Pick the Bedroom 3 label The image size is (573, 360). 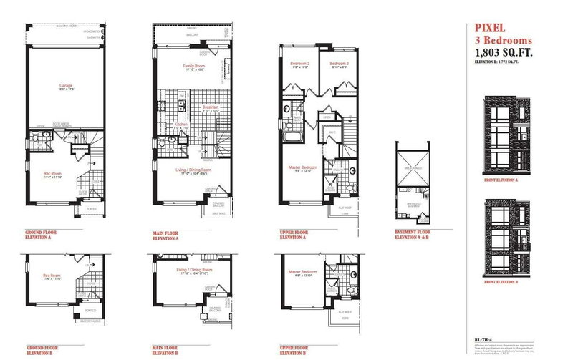click(339, 64)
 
